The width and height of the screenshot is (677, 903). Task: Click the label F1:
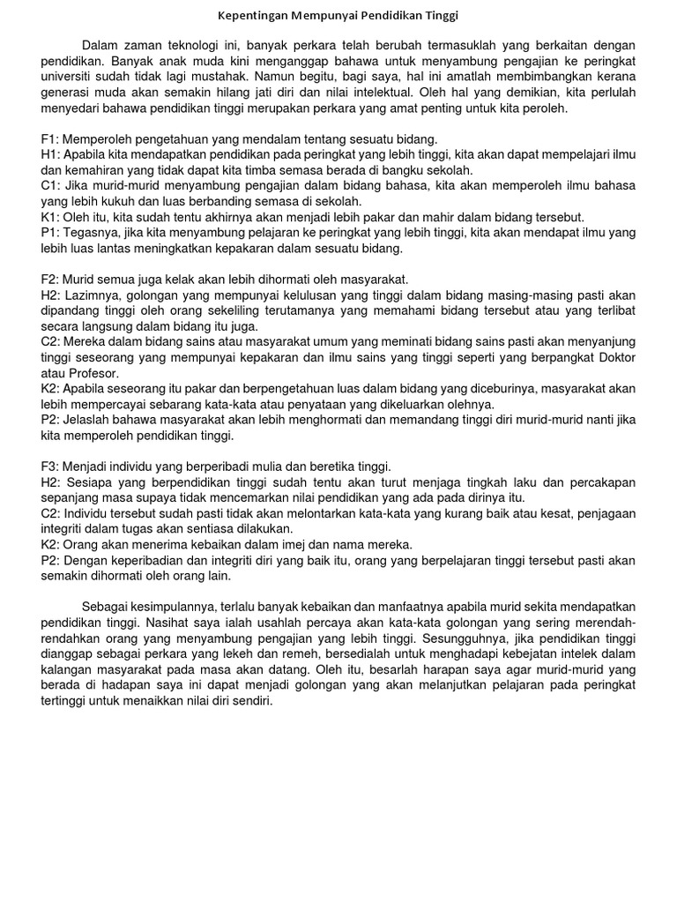pyautogui.click(x=50, y=139)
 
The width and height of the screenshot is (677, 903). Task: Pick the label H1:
pyautogui.click(x=51, y=154)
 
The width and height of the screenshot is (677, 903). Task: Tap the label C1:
pyautogui.click(x=51, y=186)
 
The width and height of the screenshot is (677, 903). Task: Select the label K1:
pyautogui.click(x=51, y=217)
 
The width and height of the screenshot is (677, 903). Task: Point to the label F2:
pyautogui.click(x=50, y=279)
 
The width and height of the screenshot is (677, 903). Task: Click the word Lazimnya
pyautogui.click(x=95, y=295)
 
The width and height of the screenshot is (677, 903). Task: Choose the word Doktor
pyautogui.click(x=614, y=356)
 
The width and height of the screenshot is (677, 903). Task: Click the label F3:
pyautogui.click(x=50, y=466)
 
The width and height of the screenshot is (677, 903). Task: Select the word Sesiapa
pyautogui.click(x=92, y=481)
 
